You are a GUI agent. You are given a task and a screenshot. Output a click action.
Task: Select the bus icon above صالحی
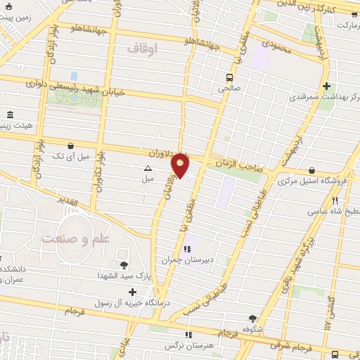(x=229, y=77)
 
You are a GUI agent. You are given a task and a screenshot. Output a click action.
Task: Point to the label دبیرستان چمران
(x=186, y=259)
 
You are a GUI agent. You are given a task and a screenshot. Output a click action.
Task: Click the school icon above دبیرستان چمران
(x=187, y=249)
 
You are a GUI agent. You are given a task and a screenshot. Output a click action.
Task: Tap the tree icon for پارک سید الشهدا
(x=124, y=264)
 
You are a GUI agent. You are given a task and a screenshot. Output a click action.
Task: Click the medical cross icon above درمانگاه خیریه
(x=132, y=291)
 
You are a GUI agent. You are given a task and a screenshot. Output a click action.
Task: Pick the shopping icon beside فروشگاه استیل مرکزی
(x=311, y=170)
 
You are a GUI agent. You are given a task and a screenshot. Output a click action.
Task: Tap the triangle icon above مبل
(x=148, y=168)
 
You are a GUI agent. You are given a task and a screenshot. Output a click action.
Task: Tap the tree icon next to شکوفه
(x=252, y=318)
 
